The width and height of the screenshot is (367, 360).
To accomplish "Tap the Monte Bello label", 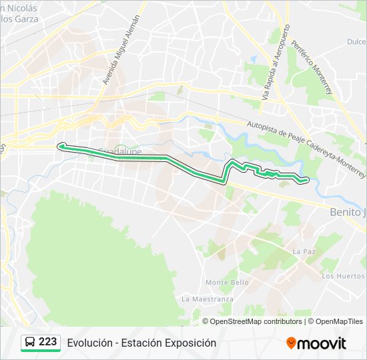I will click(x=227, y=282).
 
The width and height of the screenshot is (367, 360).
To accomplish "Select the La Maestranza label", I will click(x=207, y=299).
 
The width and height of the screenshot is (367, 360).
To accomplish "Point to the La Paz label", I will click(x=303, y=251).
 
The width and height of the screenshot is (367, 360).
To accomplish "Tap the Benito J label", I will click(x=348, y=211).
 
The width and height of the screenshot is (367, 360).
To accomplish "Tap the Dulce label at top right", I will click(x=356, y=41).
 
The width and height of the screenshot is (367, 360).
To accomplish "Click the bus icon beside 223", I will click(x=30, y=342).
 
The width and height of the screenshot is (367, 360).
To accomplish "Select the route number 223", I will click(x=48, y=342).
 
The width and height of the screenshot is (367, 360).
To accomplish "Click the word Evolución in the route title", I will click(x=88, y=343).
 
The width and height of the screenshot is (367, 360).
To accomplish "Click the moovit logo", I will click(x=316, y=343).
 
